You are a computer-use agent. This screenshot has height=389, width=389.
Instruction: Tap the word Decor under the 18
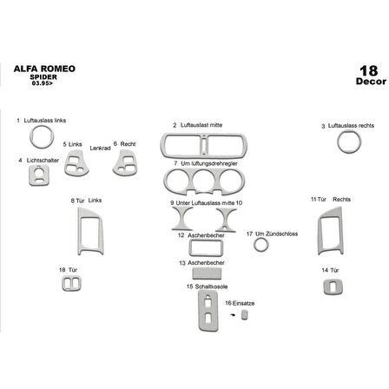coord(368,82)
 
